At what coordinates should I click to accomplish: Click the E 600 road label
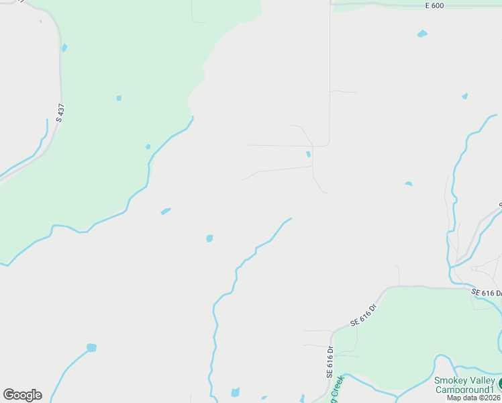tap(435, 6)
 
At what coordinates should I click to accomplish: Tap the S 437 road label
tap(60, 111)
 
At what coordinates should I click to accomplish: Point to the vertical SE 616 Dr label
tap(330, 361)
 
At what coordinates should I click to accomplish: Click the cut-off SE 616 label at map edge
tap(486, 293)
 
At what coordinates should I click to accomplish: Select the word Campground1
tap(464, 390)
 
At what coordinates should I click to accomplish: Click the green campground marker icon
tap(499, 384)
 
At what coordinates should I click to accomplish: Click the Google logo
tap(22, 395)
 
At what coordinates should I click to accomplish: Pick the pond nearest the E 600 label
tap(422, 34)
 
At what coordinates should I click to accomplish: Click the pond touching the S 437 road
tap(64, 48)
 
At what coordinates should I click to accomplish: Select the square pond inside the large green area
tap(119, 98)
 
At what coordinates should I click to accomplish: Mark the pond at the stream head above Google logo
tap(91, 348)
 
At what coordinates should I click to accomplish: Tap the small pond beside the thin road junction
tap(308, 154)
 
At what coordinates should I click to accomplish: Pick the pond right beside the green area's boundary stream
tap(148, 146)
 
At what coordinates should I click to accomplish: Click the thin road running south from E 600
tap(330, 74)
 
